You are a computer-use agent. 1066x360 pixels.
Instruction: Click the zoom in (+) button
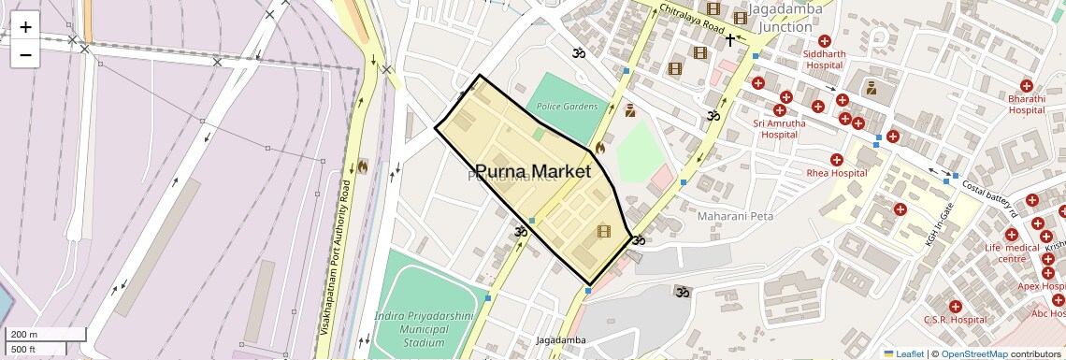25,27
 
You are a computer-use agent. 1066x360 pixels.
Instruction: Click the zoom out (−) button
25,54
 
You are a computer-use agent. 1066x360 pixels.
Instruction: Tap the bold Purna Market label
533,172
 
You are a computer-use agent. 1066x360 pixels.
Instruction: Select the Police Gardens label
567,107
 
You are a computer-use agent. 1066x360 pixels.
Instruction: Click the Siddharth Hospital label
825,60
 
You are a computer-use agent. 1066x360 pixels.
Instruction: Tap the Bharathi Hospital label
1026,104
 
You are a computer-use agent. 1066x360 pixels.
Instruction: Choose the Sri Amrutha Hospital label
779,129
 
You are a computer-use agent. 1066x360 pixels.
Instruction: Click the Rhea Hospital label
837,173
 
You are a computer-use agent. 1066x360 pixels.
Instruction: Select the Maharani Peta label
735,217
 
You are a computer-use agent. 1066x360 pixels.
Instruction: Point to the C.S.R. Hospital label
955,320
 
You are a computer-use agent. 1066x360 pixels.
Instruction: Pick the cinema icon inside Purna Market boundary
603,232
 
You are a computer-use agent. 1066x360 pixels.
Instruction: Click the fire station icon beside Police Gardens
599,148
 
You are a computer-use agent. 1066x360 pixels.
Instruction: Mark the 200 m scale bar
46,334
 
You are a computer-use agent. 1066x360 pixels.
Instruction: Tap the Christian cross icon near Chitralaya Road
729,40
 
